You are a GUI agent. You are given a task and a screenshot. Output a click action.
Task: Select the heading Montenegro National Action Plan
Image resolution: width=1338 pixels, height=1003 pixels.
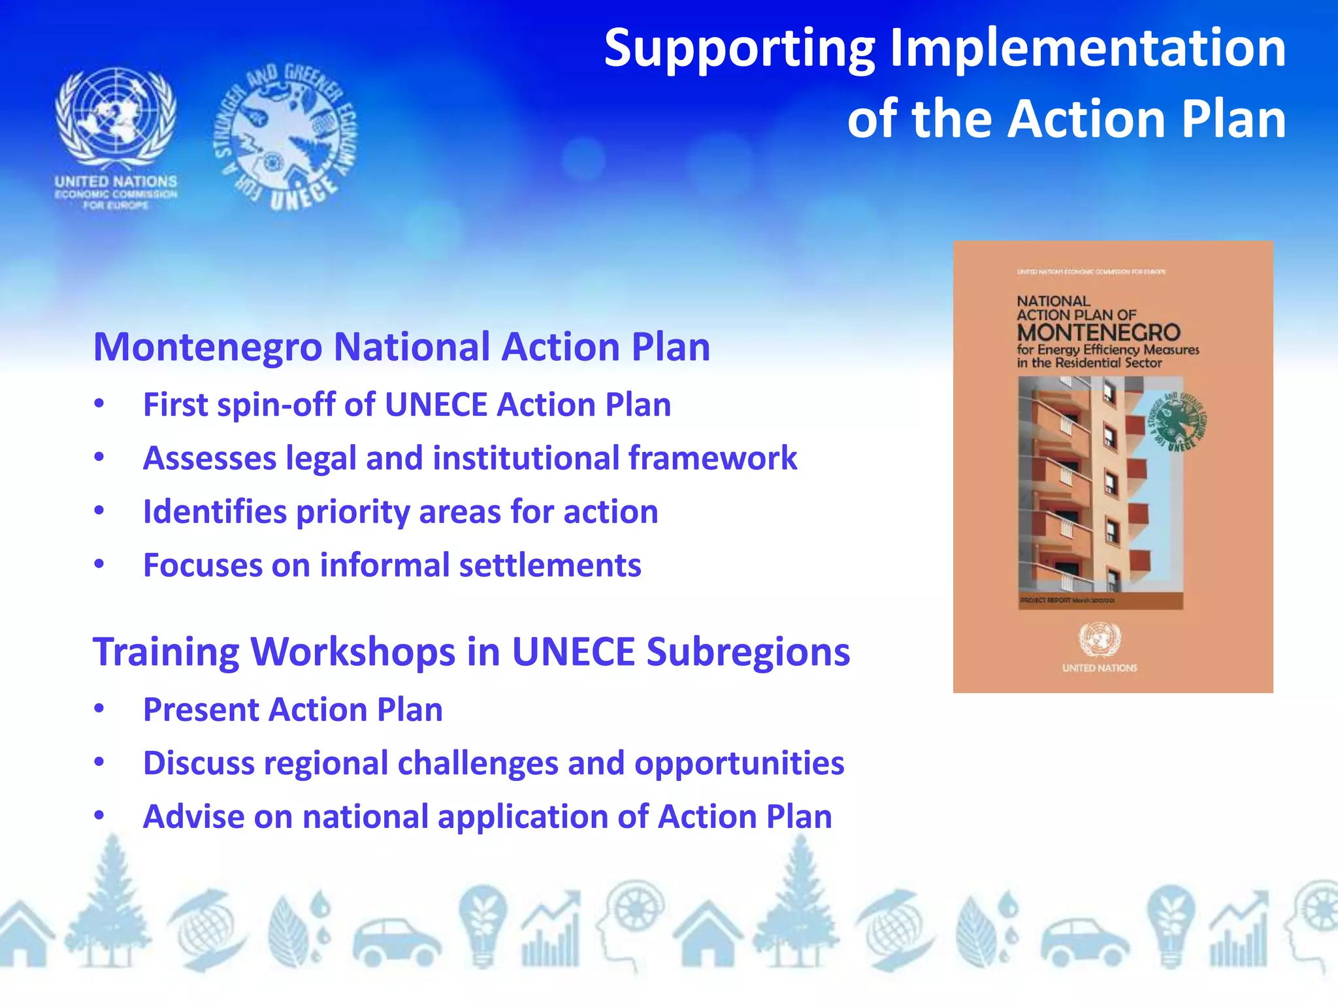click(x=401, y=346)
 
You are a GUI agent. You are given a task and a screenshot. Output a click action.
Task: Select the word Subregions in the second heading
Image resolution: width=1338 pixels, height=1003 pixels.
click(x=748, y=652)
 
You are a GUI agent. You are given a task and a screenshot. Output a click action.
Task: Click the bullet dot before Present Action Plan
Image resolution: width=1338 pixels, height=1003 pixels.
click(x=99, y=708)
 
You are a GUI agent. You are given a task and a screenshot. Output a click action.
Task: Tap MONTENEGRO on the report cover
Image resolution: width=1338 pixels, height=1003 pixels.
click(x=1099, y=332)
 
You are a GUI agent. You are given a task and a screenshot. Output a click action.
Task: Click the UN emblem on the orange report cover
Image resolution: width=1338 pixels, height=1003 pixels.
click(x=1100, y=639)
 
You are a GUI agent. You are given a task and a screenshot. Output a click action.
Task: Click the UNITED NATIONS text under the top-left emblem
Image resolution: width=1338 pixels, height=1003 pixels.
click(x=116, y=181)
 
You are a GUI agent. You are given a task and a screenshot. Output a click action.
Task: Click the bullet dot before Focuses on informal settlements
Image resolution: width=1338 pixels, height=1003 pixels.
click(x=99, y=564)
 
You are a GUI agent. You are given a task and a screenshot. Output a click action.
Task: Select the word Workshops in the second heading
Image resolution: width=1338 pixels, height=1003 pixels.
click(x=353, y=652)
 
